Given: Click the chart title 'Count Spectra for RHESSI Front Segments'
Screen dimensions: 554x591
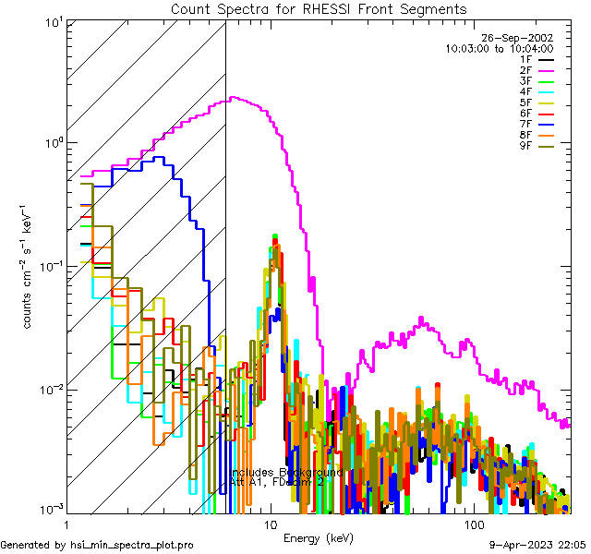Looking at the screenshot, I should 319,8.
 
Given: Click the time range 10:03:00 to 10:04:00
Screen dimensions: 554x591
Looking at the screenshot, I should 499,48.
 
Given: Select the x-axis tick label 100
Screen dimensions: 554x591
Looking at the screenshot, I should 474,524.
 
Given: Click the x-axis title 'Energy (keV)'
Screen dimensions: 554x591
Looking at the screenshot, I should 318,537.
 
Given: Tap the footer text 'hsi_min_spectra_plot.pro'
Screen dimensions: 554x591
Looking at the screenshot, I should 132,545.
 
